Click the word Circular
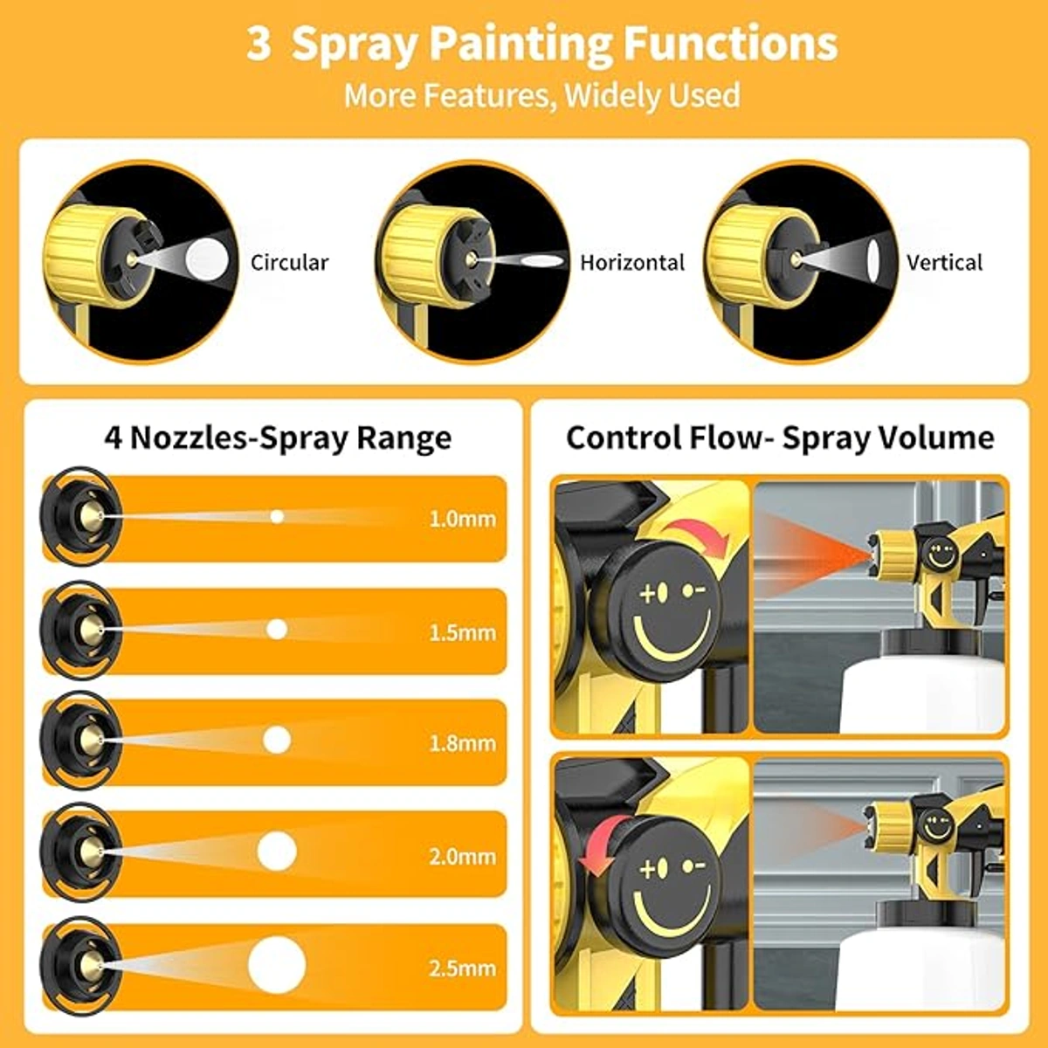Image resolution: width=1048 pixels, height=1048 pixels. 289,263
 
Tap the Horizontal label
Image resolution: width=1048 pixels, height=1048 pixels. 632,263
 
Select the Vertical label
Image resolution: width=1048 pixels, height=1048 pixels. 945,263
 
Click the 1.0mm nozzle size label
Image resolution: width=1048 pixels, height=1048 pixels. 463,520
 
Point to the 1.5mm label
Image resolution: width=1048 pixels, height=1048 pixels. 463,632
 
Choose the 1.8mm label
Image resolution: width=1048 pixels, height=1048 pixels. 463,743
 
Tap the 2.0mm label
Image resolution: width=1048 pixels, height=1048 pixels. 463,857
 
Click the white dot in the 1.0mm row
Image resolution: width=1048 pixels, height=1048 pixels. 278,517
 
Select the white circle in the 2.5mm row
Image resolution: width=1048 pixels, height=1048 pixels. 277,965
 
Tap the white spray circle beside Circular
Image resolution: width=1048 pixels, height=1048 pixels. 207,259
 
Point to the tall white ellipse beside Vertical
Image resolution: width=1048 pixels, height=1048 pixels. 874,260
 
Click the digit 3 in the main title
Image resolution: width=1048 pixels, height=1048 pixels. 259,45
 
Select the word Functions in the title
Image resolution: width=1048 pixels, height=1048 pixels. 730,45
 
